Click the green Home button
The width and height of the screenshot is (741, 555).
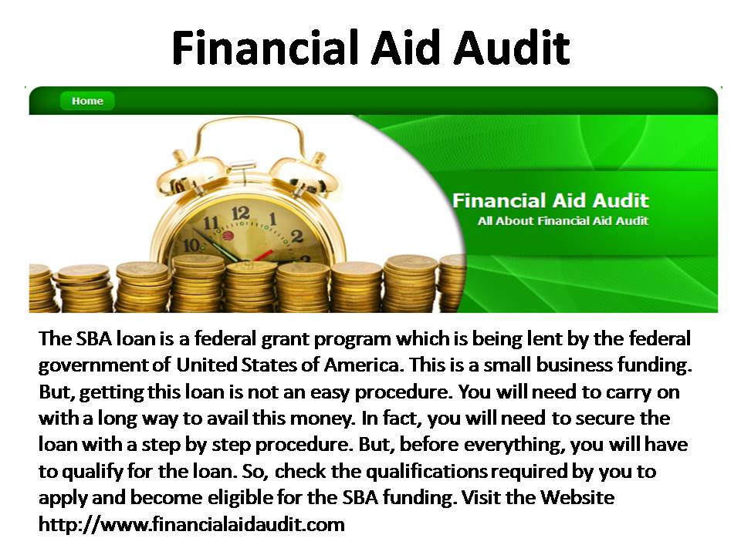tap(87, 101)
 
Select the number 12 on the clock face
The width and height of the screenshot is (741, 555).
tap(241, 213)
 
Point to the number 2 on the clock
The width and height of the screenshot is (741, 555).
tap(296, 236)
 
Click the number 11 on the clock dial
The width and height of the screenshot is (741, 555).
tap(211, 223)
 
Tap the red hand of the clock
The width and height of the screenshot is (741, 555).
tap(262, 255)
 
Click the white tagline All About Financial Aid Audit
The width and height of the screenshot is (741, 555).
tap(563, 221)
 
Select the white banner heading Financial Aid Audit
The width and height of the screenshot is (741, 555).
tap(550, 200)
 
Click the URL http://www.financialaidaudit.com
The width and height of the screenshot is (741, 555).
tap(191, 525)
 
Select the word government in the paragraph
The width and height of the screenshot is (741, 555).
tap(93, 365)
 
